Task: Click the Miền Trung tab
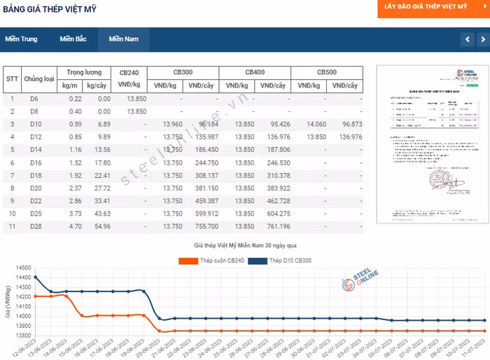21,39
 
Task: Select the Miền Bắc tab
73,39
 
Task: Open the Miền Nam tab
123,39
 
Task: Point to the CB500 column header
326,72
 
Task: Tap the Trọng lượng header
84,72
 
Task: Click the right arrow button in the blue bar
482,40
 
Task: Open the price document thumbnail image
427,145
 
